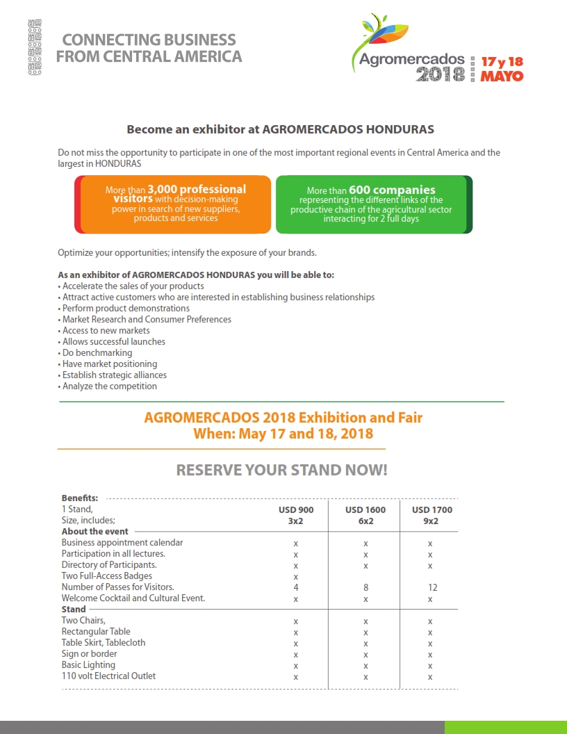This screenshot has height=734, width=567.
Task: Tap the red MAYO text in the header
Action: click(x=502, y=76)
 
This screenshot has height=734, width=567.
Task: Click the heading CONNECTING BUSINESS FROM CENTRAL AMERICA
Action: click(x=149, y=48)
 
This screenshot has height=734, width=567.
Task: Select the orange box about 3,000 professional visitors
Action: click(x=174, y=204)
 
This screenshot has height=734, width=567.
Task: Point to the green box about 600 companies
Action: click(x=371, y=204)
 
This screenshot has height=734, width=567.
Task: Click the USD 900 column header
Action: click(x=296, y=509)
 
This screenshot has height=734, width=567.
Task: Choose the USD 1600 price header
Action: click(x=365, y=509)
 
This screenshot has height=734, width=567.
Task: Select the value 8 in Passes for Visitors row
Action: click(x=365, y=587)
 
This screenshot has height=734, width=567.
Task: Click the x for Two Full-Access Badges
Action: click(x=296, y=576)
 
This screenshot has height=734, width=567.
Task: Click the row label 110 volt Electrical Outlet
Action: click(x=108, y=676)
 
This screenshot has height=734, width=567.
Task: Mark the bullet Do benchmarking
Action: click(x=97, y=352)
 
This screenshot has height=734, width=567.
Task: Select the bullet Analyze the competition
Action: click(x=109, y=386)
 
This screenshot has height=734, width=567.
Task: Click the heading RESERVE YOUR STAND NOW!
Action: click(x=281, y=470)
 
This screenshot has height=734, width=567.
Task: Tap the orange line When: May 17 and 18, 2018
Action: click(x=283, y=434)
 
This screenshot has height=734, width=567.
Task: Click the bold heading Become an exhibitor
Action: click(x=280, y=129)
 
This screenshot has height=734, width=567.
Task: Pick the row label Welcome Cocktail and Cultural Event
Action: click(x=133, y=598)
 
